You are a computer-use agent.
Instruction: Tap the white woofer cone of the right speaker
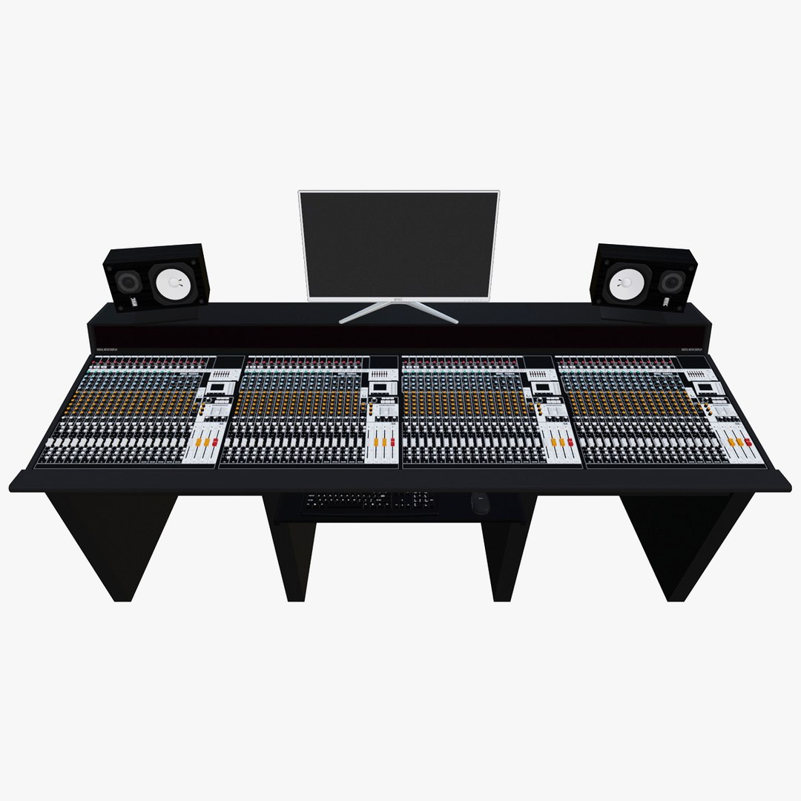[625, 282]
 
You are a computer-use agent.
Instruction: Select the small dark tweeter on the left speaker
[129, 283]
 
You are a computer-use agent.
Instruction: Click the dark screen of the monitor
[399, 243]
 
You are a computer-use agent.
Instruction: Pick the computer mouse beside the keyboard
[479, 503]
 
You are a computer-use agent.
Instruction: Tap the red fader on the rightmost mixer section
[748, 442]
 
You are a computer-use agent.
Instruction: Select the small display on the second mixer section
[380, 387]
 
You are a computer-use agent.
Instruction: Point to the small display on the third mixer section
[542, 387]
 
